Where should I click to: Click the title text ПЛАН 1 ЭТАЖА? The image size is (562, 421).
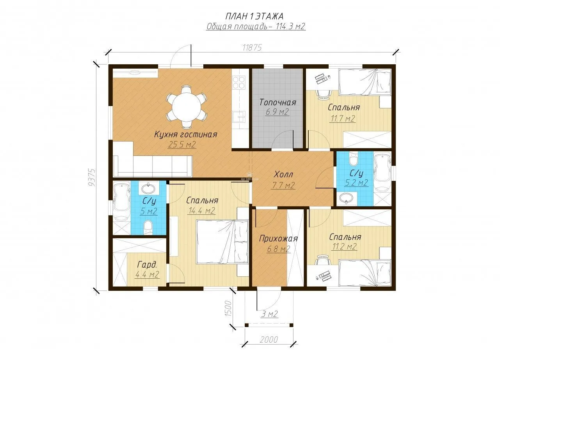(x=254, y=16)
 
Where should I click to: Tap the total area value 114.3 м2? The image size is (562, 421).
(x=291, y=27)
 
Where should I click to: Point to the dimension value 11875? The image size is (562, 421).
(x=252, y=48)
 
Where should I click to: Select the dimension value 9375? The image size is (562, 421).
(x=92, y=177)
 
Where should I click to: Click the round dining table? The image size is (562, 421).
(x=186, y=107)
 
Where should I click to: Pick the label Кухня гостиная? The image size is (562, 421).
(x=186, y=134)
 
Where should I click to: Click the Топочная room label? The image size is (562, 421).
(x=277, y=103)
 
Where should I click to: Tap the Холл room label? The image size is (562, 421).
(x=283, y=175)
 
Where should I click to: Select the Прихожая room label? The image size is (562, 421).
(x=278, y=239)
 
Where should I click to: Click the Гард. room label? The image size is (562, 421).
(x=147, y=264)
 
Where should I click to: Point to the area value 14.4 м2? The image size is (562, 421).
(x=201, y=211)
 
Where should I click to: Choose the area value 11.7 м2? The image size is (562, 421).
(x=343, y=119)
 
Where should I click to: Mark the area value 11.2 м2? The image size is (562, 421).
(x=344, y=247)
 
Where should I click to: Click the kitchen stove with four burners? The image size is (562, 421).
(x=238, y=82)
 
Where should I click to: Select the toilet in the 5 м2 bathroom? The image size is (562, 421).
(x=148, y=227)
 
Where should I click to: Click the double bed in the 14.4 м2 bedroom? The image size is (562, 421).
(x=222, y=242)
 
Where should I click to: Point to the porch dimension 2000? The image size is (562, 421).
(x=269, y=340)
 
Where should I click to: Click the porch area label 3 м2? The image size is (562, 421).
(x=270, y=314)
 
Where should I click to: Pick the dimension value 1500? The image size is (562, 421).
(x=229, y=308)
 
